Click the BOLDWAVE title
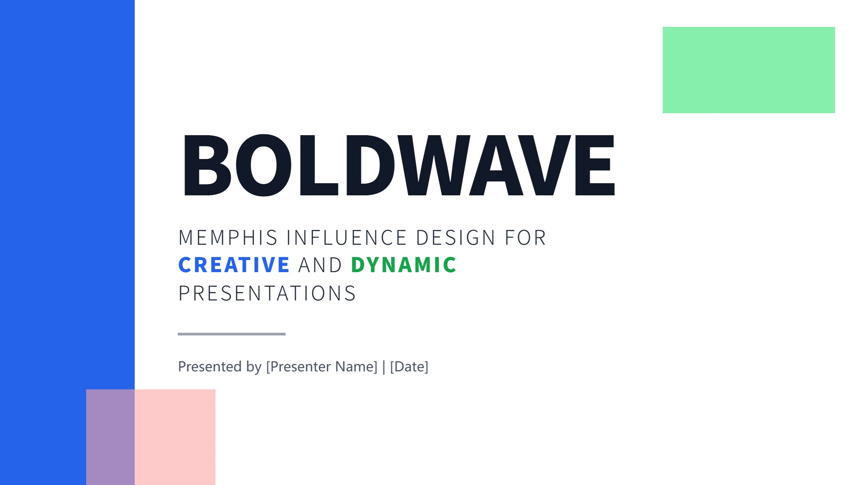point(399,165)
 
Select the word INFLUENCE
point(347,238)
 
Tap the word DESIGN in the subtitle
point(456,238)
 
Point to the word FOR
point(525,238)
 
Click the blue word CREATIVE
point(234,265)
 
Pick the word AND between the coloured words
point(320,265)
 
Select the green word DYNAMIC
point(404,265)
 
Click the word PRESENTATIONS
point(267,293)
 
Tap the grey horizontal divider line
point(232,334)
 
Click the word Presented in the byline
point(210,366)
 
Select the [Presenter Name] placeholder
point(321,367)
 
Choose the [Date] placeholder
point(409,367)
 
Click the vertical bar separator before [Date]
point(384,367)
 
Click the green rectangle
point(749,70)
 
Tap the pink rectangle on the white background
point(175,437)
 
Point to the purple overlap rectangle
point(110,437)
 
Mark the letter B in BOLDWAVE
point(207,165)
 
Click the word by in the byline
point(254,367)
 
